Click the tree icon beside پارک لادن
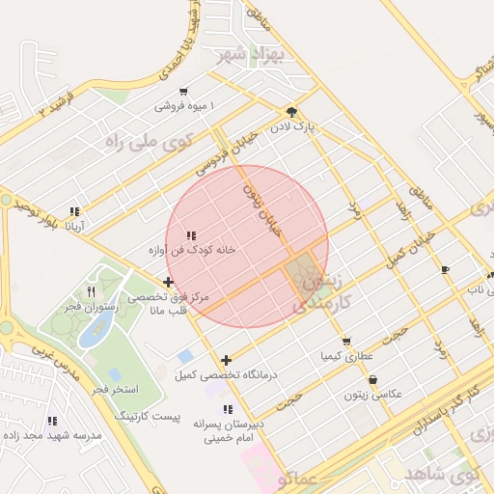click(x=292, y=112)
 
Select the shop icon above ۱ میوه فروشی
click(x=183, y=92)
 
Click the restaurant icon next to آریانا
click(x=74, y=212)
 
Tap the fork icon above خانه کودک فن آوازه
click(x=191, y=235)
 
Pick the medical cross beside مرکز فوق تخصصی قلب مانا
click(x=169, y=283)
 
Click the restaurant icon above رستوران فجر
click(x=92, y=290)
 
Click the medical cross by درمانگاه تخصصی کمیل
click(x=227, y=360)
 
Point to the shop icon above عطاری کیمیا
click(x=346, y=341)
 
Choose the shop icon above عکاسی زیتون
click(x=373, y=380)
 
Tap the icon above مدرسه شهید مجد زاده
click(x=53, y=421)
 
